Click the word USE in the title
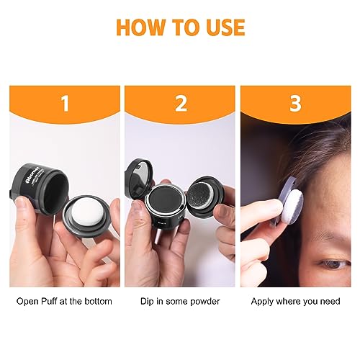pos(221,27)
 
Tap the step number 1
pos(65,104)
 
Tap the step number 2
pos(180,104)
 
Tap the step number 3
pos(294,104)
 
